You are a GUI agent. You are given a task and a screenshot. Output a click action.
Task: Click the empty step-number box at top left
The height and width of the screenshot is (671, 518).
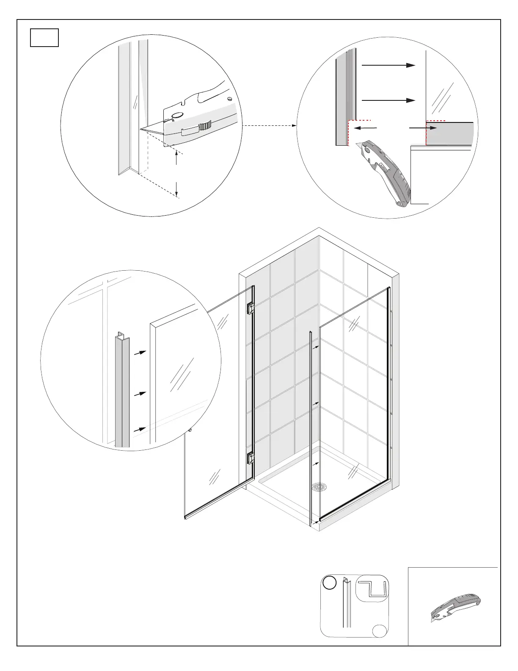[x=44, y=37]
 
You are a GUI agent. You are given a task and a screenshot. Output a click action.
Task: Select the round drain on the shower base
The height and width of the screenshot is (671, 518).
[x=320, y=487]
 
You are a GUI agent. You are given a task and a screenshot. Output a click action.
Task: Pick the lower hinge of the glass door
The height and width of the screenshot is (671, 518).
[x=251, y=458]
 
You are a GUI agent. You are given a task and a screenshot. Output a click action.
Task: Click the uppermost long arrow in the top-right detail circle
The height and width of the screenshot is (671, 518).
[x=388, y=65]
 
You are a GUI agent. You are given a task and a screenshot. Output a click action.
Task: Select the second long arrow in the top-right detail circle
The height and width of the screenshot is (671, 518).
[x=388, y=100]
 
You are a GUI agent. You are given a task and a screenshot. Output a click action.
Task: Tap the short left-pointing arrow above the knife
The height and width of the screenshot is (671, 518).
[x=365, y=127]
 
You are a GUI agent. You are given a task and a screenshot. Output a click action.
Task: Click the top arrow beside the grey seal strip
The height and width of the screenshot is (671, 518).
[x=140, y=352]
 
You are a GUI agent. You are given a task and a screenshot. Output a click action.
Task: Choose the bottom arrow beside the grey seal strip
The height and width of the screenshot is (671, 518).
[x=140, y=430]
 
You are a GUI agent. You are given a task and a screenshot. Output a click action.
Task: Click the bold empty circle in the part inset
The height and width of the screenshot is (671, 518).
[x=329, y=583]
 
